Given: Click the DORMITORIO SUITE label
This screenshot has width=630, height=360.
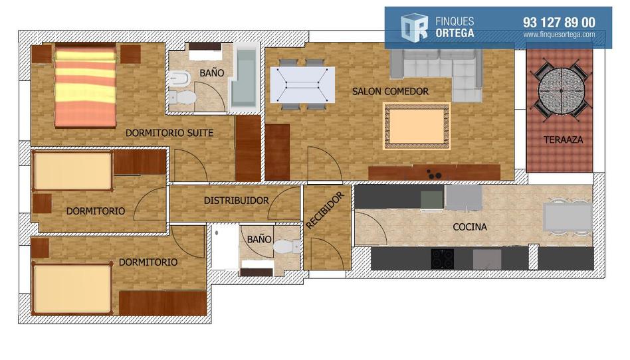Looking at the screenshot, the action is click(x=169, y=133).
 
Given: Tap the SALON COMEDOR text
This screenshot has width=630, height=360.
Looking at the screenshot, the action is click(x=390, y=92).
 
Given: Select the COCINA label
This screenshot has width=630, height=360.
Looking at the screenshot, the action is click(x=470, y=227).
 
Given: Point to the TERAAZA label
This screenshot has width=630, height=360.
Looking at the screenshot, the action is click(x=563, y=140).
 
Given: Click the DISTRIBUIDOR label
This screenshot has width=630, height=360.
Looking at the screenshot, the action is click(x=237, y=201).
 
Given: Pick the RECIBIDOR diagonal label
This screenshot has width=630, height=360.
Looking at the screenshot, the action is click(x=325, y=211).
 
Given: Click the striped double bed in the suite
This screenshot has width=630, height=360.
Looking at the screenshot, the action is click(x=85, y=87).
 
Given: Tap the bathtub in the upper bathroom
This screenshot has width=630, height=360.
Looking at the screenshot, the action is click(x=245, y=78).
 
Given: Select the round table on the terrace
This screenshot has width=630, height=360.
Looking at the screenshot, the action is click(x=561, y=91).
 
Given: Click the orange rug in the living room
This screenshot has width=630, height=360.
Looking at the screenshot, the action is click(x=417, y=126).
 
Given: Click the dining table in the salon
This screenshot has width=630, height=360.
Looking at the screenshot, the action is click(x=302, y=85).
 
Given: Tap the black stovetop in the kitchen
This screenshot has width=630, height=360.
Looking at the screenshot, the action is click(x=443, y=259).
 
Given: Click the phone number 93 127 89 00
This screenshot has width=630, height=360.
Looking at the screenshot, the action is click(x=559, y=23).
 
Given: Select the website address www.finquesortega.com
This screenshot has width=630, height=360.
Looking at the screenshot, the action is click(x=559, y=35).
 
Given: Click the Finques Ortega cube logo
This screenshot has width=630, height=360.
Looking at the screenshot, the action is click(x=414, y=28).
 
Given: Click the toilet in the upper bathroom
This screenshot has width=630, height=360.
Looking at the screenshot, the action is click(x=182, y=97).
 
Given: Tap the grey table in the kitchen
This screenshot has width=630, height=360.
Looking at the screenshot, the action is click(x=568, y=217).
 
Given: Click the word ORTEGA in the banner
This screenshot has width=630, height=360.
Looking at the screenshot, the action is click(x=455, y=33).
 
